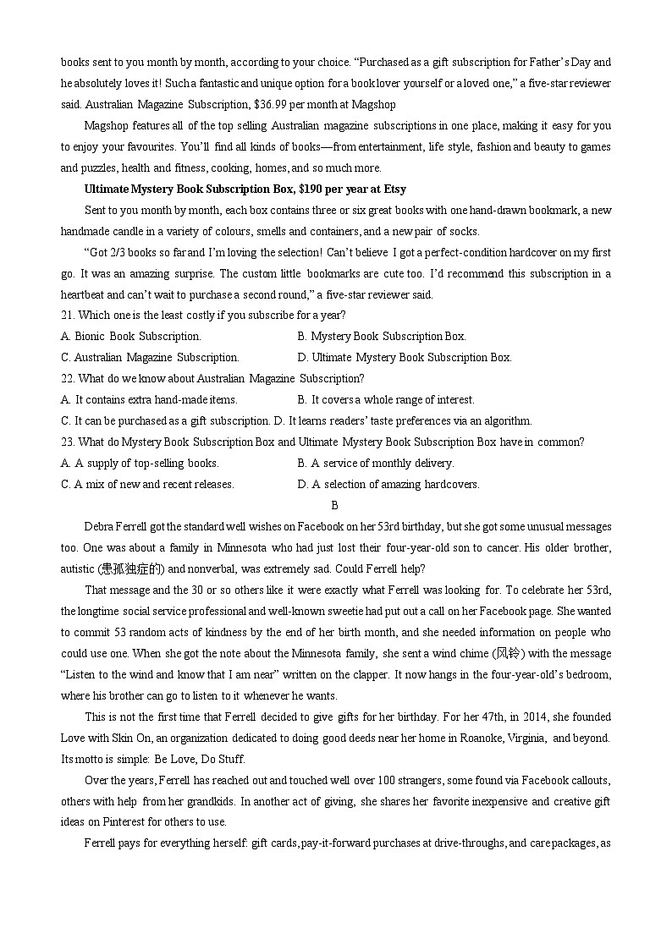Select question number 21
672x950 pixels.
(x=69, y=316)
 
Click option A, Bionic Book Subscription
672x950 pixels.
(x=131, y=337)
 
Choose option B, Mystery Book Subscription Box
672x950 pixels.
(x=382, y=337)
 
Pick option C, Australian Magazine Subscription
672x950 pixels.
(x=151, y=358)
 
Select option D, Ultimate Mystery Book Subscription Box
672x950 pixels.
(x=405, y=358)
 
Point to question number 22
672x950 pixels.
(x=69, y=379)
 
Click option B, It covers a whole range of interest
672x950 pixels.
(x=386, y=400)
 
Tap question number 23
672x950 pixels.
(x=69, y=442)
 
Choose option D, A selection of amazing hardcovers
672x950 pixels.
(x=388, y=485)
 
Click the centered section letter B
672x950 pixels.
(x=334, y=506)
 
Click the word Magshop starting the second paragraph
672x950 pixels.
(x=104, y=126)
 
